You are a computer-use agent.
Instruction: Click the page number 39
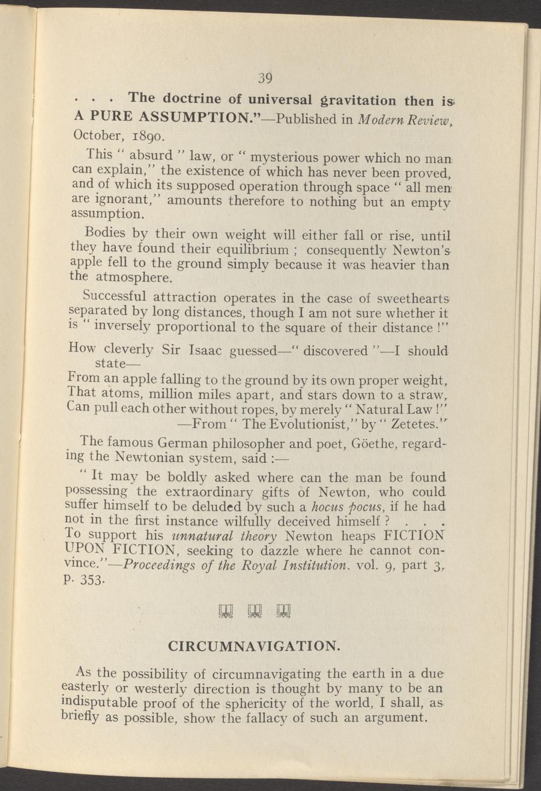click(x=264, y=78)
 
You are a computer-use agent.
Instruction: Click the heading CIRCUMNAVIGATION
click(x=254, y=646)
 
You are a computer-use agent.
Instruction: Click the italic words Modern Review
click(x=405, y=119)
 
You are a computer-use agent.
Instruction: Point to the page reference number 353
click(x=92, y=580)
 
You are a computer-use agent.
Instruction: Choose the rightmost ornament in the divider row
click(x=284, y=613)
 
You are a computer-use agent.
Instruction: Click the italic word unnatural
click(x=198, y=537)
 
